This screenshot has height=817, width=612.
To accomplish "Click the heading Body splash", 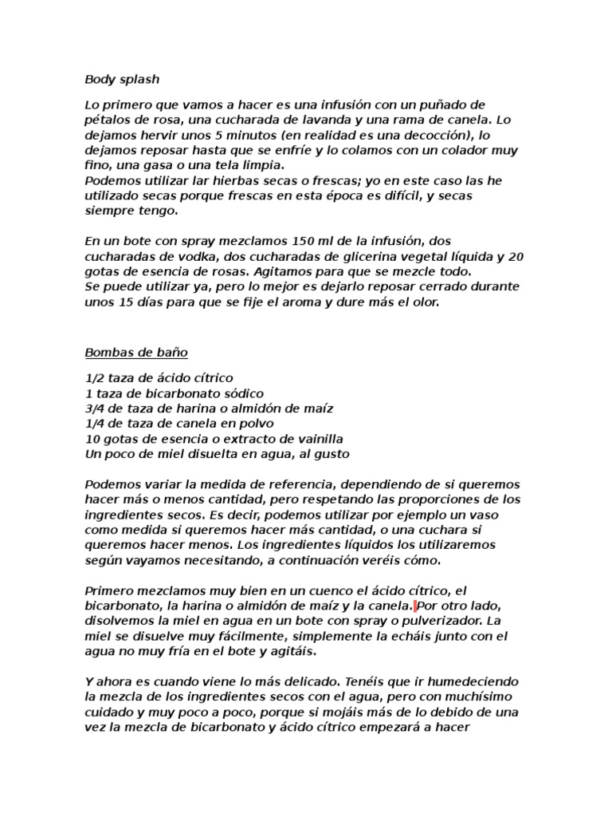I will click(x=122, y=79).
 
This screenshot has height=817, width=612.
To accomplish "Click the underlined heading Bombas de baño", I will click(x=135, y=352).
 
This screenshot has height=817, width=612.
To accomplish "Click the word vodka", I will click(x=184, y=256).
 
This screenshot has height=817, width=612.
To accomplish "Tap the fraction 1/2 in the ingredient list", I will click(x=95, y=377).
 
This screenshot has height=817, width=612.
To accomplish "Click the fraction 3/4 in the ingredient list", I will click(x=95, y=408).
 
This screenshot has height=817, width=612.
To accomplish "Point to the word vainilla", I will click(x=314, y=439).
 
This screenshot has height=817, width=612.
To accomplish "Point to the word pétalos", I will click(x=108, y=120).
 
